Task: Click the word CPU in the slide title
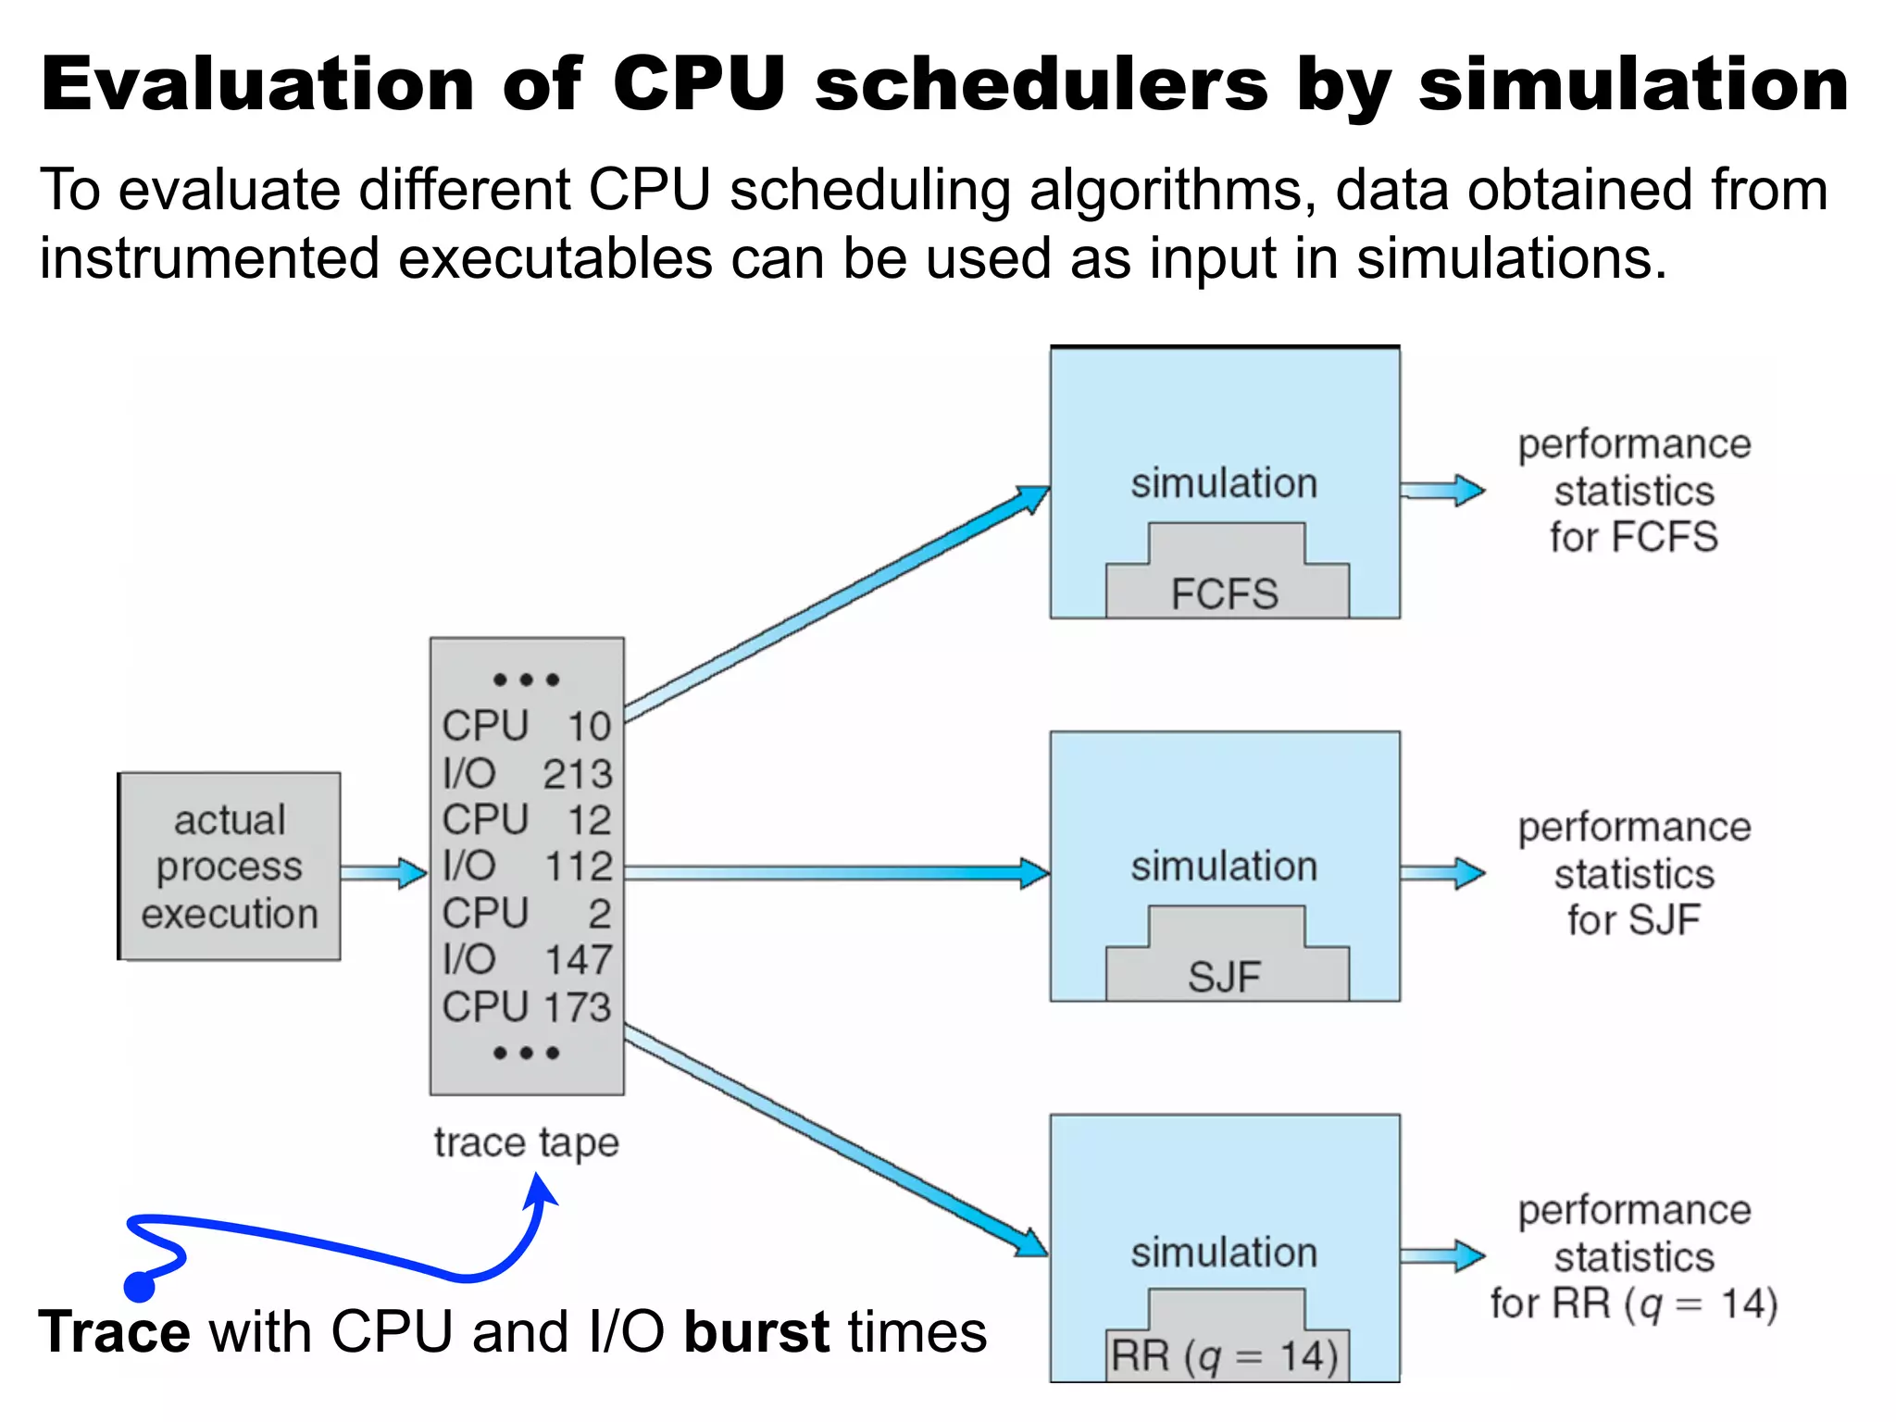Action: [x=699, y=85]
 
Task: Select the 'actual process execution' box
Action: [x=230, y=867]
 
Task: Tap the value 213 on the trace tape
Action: [x=578, y=774]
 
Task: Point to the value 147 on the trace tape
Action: [x=578, y=960]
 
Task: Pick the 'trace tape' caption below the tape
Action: [x=526, y=1142]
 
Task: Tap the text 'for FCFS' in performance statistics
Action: [x=1634, y=537]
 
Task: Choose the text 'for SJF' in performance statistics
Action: [x=1634, y=920]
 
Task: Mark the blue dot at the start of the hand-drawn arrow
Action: [x=139, y=1286]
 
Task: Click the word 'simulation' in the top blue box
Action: [x=1224, y=483]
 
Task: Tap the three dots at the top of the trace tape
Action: [x=526, y=680]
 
